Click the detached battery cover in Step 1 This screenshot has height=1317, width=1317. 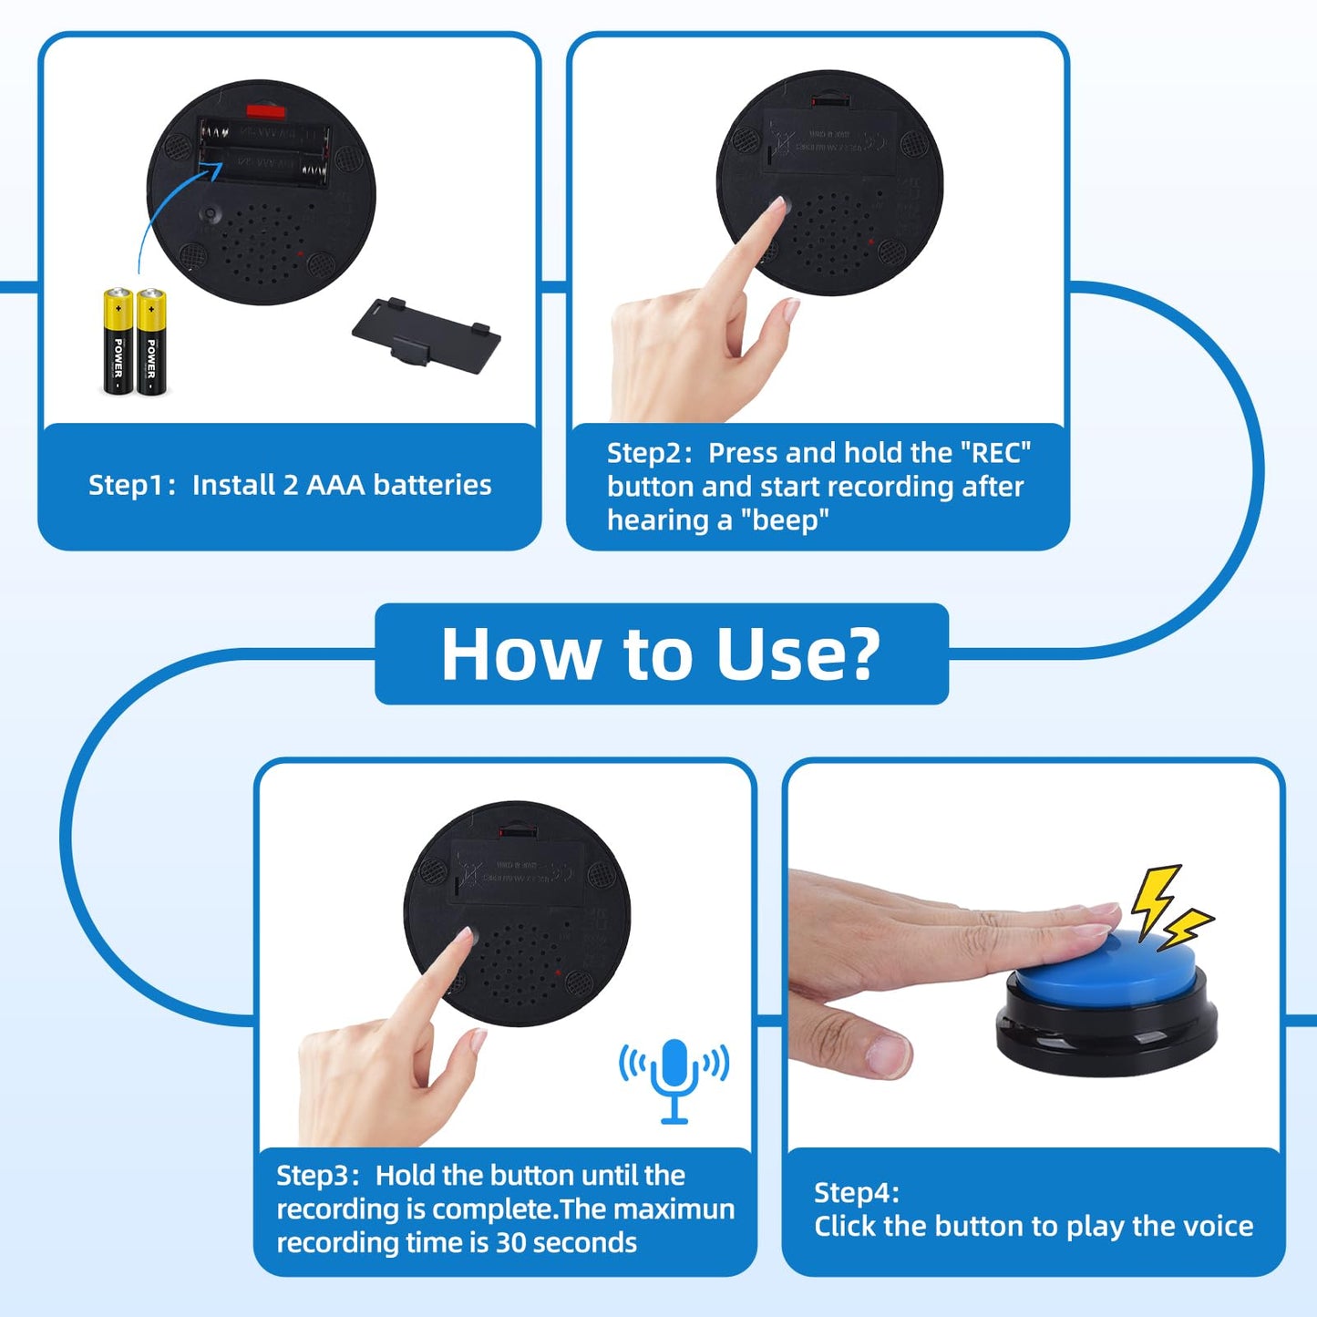click(x=426, y=334)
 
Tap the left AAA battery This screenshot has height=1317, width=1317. click(x=118, y=342)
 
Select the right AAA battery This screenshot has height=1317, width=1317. click(x=151, y=342)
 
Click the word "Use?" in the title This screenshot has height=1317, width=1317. click(x=798, y=654)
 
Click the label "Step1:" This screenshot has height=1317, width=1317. click(x=132, y=485)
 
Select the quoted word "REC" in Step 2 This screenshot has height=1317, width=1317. click(x=996, y=453)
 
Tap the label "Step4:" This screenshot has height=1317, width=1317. click(x=856, y=1192)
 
